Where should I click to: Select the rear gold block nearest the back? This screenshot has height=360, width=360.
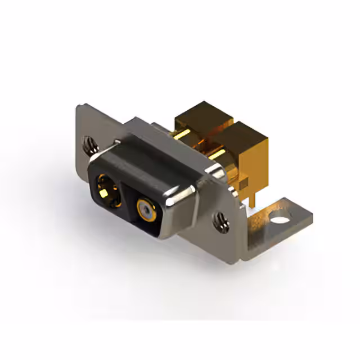202,119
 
